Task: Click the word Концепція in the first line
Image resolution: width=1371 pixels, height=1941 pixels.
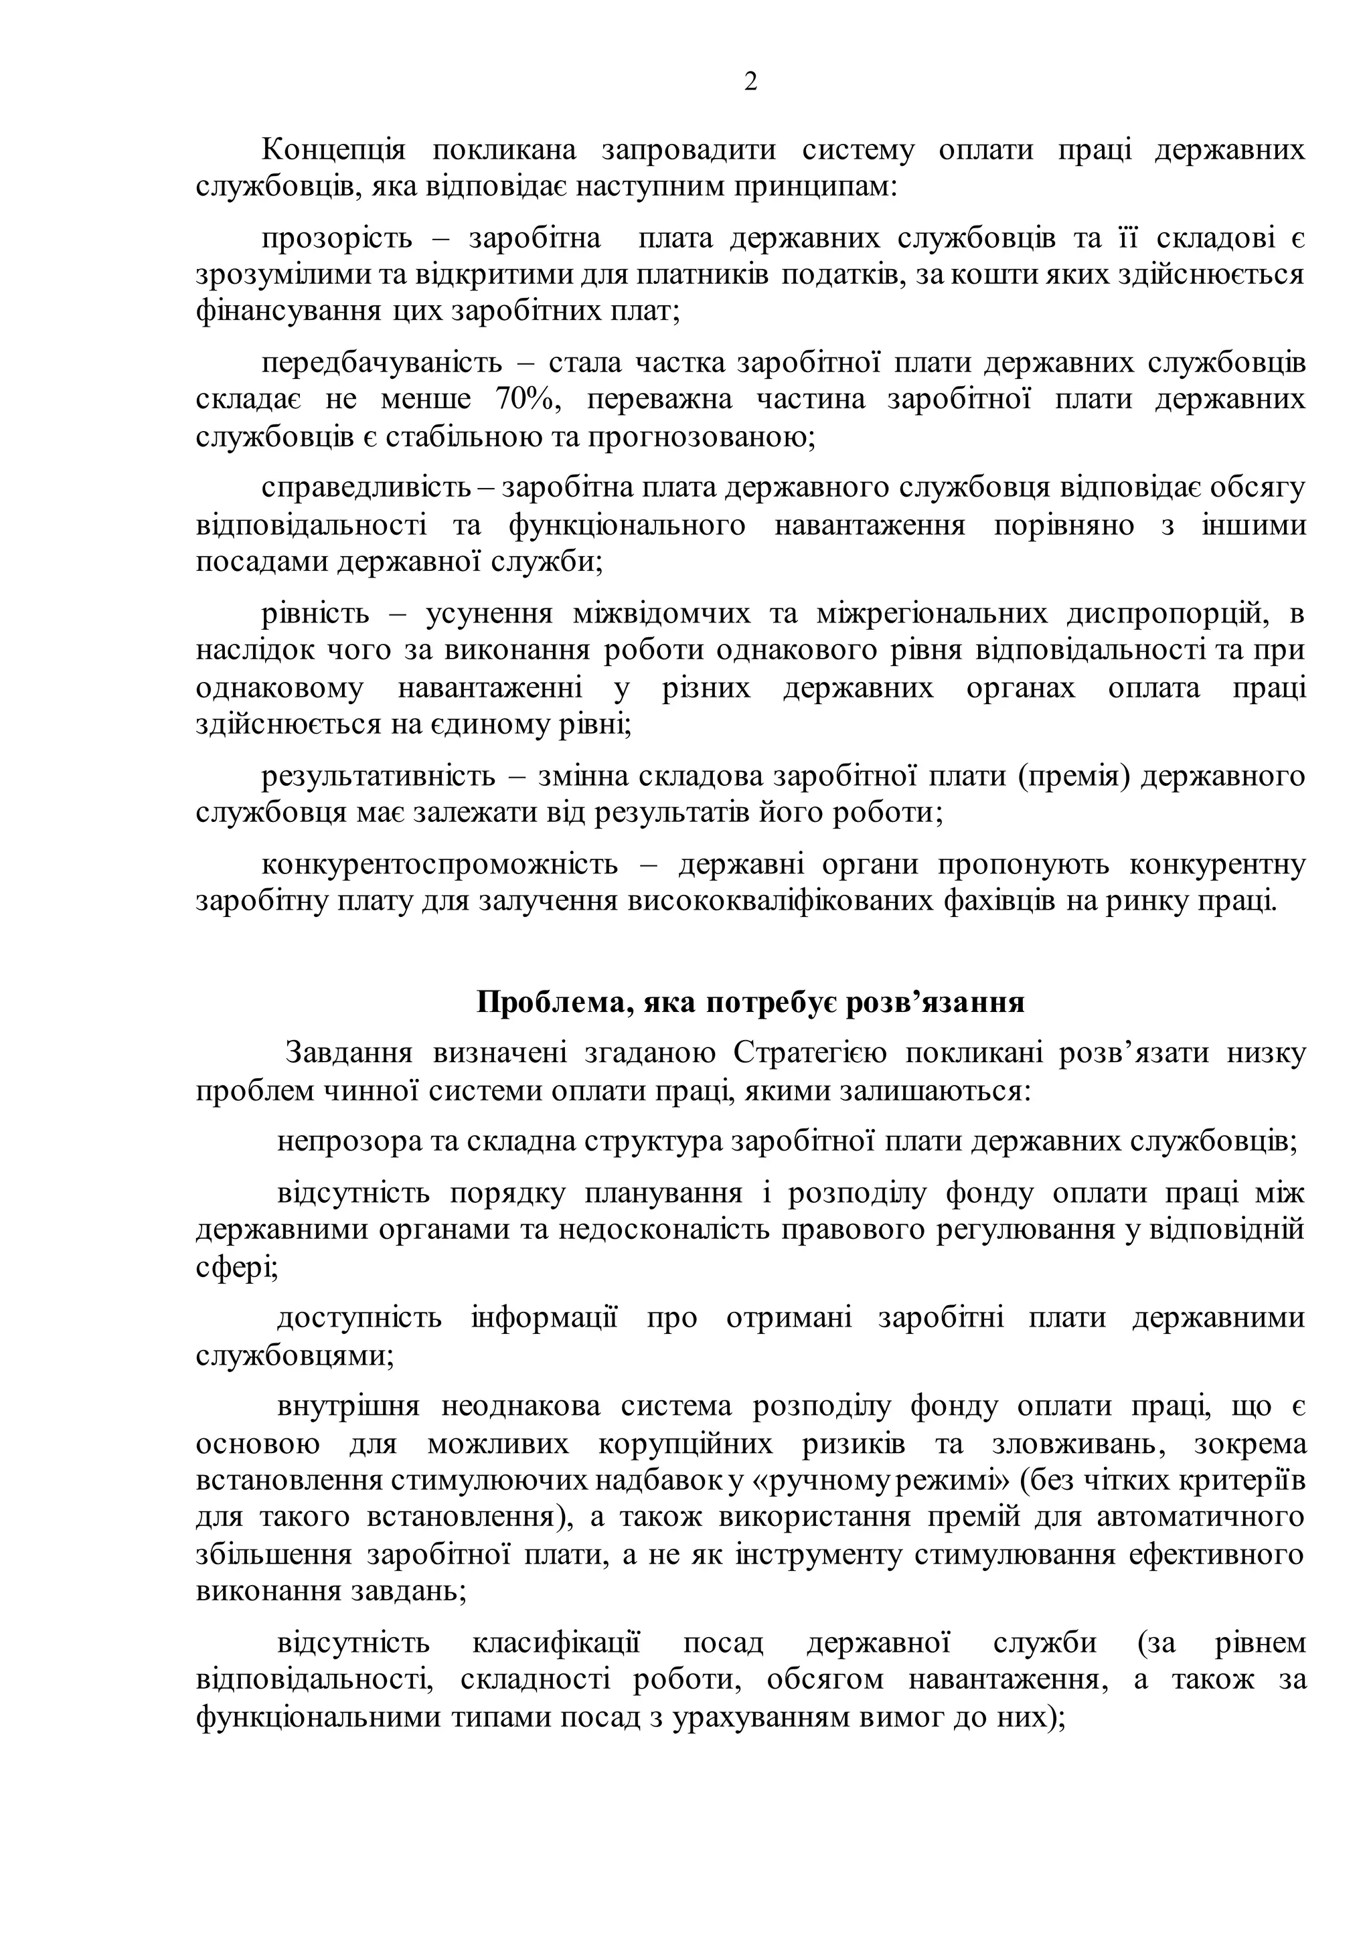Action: [x=333, y=150]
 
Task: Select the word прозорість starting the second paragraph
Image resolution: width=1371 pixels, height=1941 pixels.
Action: [x=337, y=238]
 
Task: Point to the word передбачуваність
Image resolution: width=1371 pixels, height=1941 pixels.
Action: [x=382, y=363]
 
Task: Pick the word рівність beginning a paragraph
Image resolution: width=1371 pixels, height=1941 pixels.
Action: [x=315, y=614]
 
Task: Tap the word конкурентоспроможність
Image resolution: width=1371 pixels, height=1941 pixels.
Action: [x=440, y=865]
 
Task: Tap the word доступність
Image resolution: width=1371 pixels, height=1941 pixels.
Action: [x=359, y=1318]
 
